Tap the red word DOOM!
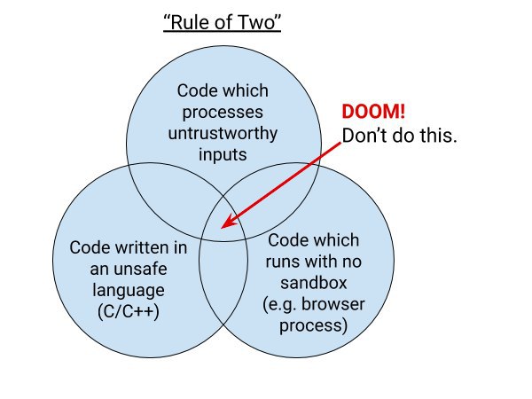[x=373, y=112]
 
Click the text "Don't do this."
[x=400, y=136]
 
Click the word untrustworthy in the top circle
[x=223, y=133]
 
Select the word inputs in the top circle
[x=223, y=155]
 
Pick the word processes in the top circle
[x=223, y=113]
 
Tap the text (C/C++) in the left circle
[x=129, y=311]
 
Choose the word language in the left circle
[x=129, y=291]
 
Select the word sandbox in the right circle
[x=314, y=283]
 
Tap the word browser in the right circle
[x=333, y=304]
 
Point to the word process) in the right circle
[x=314, y=325]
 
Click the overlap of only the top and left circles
[x=176, y=197]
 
